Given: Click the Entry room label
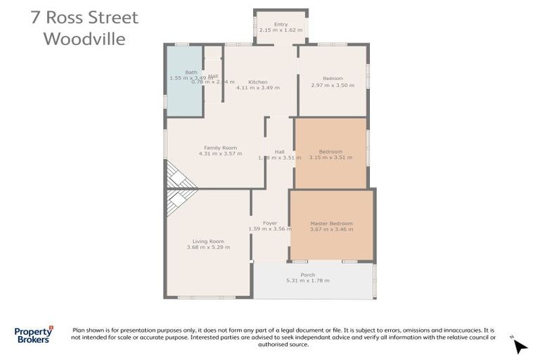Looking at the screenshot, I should [x=281, y=25].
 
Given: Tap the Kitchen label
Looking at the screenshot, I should [x=258, y=82].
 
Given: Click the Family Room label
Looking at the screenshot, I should [x=220, y=148].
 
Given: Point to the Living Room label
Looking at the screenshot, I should [x=209, y=241].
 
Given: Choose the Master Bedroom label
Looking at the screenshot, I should [x=331, y=224].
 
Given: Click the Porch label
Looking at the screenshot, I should [x=307, y=275].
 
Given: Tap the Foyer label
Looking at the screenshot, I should [x=270, y=224].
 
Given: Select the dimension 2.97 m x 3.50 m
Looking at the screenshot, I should [x=333, y=85].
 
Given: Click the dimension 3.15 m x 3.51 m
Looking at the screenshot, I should [x=330, y=157].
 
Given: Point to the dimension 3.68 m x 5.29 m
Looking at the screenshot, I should [x=209, y=247].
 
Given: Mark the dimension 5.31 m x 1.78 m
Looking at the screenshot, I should [x=307, y=281].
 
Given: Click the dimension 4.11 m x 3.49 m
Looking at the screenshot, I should [x=258, y=88].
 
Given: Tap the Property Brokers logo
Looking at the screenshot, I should [x=33, y=335].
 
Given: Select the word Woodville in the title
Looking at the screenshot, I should [x=84, y=38].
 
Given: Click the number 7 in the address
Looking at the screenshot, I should [x=35, y=18].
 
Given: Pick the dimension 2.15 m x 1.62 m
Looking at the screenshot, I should [x=281, y=30].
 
